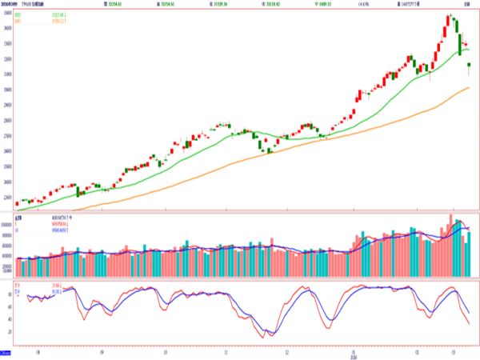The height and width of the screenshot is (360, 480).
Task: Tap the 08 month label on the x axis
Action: [39, 350]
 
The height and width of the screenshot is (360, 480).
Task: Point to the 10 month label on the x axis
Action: [163, 350]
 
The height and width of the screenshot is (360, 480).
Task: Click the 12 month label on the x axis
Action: [287, 350]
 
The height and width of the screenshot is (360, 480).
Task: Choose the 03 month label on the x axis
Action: [453, 350]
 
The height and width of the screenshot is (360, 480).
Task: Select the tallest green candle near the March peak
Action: [460, 43]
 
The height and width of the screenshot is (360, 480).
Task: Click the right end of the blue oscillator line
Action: [470, 313]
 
